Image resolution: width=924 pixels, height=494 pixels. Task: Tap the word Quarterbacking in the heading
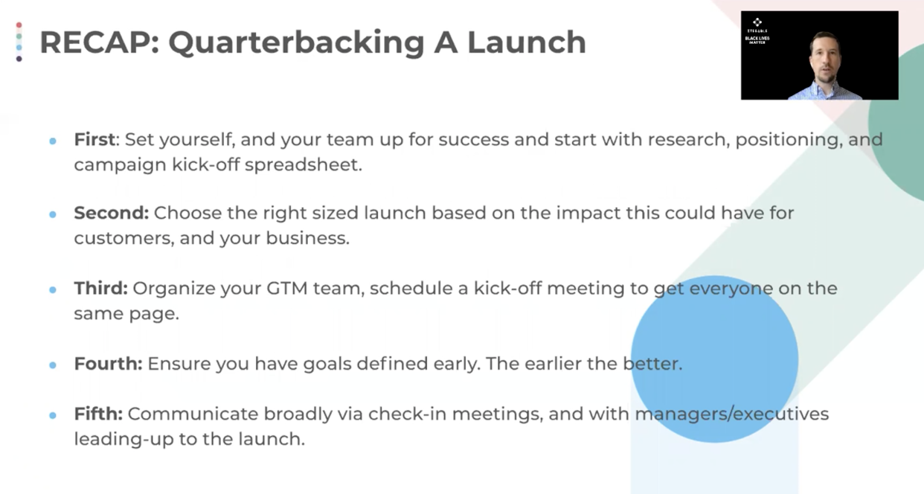pos(297,44)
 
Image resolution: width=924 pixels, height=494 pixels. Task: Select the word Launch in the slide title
pos(526,42)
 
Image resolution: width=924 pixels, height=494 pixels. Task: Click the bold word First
pos(95,140)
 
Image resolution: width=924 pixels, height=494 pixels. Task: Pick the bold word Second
pos(111,213)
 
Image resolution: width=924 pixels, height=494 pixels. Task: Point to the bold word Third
pos(100,288)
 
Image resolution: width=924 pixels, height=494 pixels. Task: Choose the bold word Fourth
pos(108,364)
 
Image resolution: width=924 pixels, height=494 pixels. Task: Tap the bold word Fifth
pos(98,414)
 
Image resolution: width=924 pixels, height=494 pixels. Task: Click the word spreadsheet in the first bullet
pos(303,165)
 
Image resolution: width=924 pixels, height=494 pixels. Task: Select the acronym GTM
pos(287,288)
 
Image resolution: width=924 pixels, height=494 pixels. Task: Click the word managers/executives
pos(732,414)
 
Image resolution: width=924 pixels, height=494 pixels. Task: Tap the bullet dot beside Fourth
pos(53,365)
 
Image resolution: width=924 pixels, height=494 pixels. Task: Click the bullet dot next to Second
pos(53,215)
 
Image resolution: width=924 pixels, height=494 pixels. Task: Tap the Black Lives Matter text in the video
pos(757,40)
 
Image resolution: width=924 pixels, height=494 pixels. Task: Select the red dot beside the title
pos(19,25)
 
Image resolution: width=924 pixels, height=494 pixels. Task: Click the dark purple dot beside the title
pos(19,59)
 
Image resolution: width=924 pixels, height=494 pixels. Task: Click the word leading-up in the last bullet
pos(124,439)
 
